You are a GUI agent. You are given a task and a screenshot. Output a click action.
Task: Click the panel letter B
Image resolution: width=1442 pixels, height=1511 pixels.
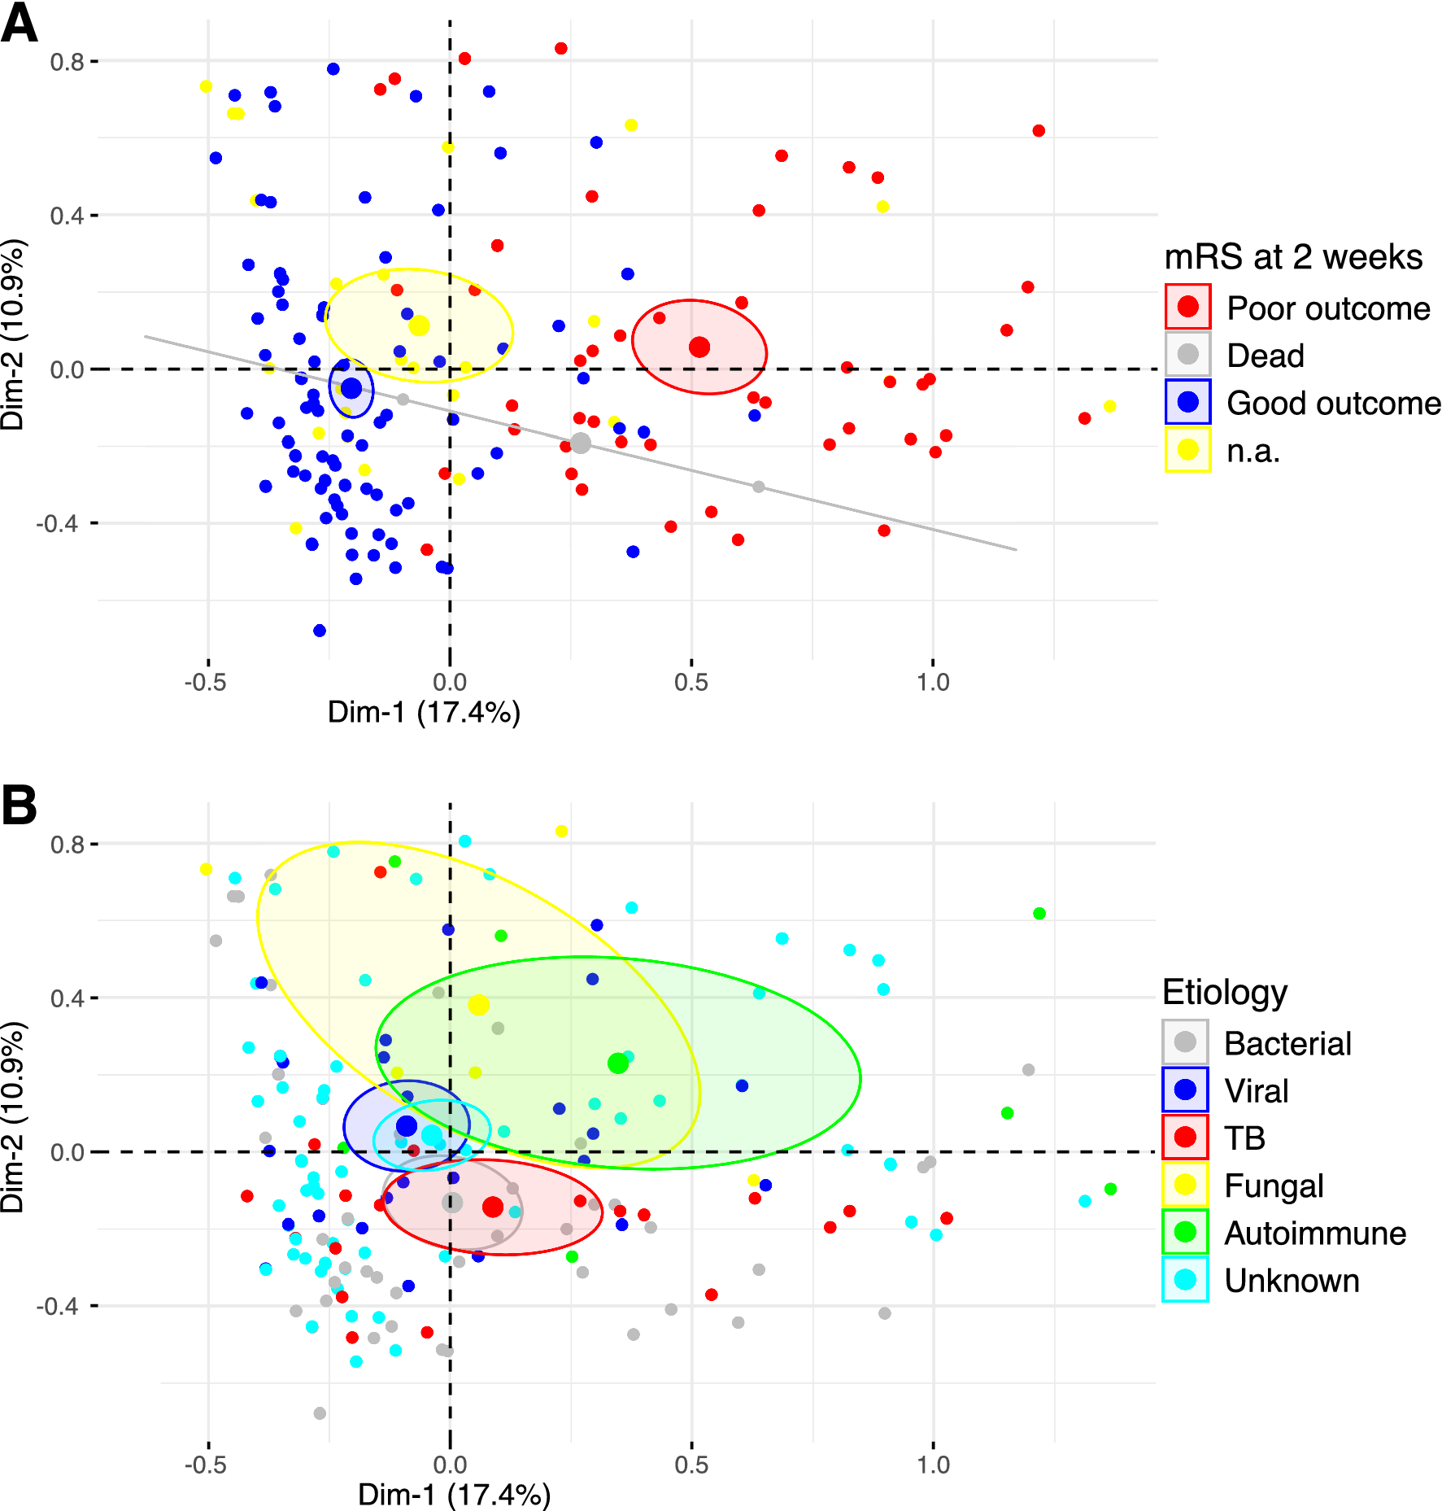coord(20,805)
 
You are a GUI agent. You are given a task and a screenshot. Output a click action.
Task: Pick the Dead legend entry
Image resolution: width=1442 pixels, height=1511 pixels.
coord(1265,356)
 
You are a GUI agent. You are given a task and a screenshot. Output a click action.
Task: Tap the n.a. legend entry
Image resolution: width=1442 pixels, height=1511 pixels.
coord(1252,450)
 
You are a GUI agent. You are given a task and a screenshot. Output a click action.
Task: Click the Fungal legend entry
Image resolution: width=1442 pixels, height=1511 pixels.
coord(1273,1186)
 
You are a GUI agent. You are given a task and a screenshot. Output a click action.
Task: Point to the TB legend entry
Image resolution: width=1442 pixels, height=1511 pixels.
coord(1244,1138)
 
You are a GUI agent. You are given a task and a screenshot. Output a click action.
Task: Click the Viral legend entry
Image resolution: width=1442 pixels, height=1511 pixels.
coord(1256,1090)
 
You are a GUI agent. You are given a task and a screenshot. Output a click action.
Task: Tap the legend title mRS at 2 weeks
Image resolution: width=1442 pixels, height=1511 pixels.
coord(1293,256)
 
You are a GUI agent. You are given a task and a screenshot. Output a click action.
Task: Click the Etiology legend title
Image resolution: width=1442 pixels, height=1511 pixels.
coord(1225,992)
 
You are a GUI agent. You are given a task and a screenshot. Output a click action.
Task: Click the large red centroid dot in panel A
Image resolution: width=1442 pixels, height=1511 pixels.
coord(699,347)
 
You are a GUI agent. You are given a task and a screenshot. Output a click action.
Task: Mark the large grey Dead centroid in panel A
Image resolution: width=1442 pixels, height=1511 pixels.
coord(580,443)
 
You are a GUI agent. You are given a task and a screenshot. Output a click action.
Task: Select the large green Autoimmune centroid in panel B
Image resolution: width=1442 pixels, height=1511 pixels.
coord(618,1063)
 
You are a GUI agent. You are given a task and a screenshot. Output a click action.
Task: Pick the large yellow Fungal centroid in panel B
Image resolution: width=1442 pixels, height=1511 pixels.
coord(478,1005)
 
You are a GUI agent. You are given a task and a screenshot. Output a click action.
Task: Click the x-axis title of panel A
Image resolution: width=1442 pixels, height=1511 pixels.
coord(424,712)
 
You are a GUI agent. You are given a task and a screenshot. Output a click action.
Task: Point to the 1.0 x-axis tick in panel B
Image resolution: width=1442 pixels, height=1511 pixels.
coord(933,1465)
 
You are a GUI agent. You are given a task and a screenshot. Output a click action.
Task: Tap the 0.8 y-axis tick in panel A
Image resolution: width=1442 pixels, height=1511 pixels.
coord(67,62)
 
